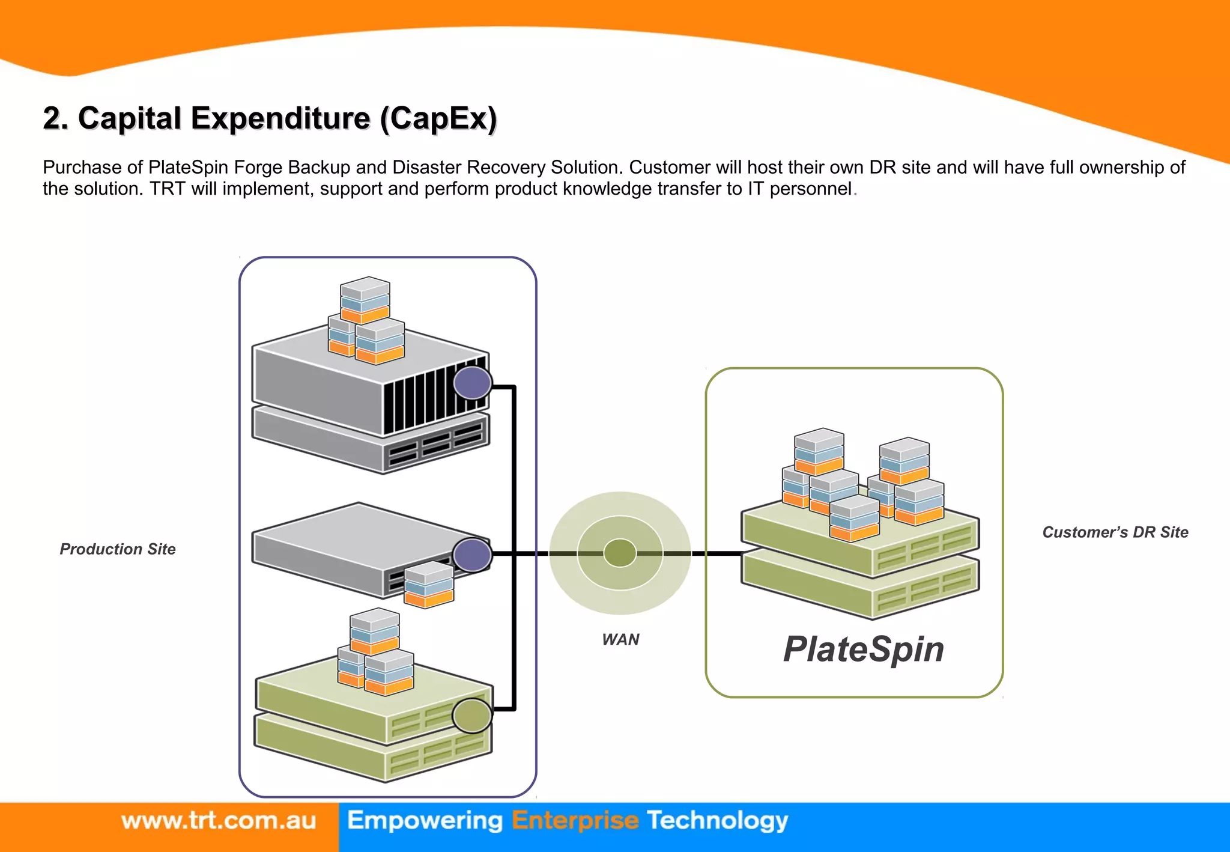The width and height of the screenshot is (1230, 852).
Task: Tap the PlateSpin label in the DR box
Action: click(x=863, y=650)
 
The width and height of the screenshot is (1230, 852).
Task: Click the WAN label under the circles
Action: click(x=620, y=639)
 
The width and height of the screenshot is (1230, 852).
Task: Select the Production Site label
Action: click(x=118, y=549)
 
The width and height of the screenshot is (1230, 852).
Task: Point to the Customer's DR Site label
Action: click(x=1115, y=532)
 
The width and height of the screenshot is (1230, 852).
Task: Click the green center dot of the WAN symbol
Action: click(x=620, y=553)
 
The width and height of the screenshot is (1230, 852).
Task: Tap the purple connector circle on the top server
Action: click(x=473, y=383)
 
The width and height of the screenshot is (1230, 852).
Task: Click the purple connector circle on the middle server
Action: click(x=473, y=555)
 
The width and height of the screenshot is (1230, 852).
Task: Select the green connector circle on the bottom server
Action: click(x=472, y=716)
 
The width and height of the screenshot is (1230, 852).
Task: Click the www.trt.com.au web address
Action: click(x=219, y=821)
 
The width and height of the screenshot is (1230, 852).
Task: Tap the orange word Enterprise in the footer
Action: click(x=574, y=821)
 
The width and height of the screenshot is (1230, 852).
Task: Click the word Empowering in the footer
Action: click(x=425, y=821)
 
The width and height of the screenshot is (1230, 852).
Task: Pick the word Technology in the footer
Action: click(x=717, y=821)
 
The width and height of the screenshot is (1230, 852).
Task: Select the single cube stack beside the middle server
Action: click(x=429, y=584)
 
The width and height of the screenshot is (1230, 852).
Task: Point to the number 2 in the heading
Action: click(x=53, y=118)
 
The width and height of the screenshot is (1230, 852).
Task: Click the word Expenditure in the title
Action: click(x=280, y=118)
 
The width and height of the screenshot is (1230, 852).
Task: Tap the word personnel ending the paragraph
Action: click(x=810, y=189)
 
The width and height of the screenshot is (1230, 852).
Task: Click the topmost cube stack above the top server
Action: click(x=365, y=299)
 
